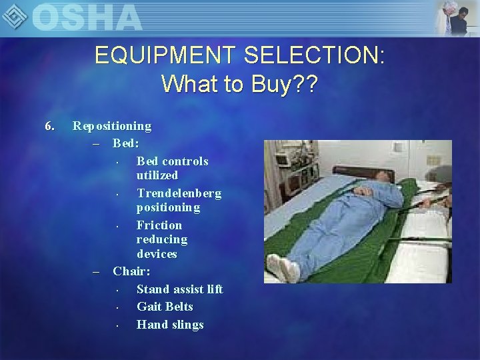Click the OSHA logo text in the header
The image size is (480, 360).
(87, 17)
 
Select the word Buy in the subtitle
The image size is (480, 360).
(265, 84)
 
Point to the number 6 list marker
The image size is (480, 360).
(48, 125)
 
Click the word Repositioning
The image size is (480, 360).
(112, 125)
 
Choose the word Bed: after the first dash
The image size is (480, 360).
(127, 143)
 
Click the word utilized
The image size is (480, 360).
(157, 175)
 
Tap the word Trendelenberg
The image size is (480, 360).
(179, 193)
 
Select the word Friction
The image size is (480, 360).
(159, 225)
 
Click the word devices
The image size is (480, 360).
(157, 254)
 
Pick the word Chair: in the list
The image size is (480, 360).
(131, 271)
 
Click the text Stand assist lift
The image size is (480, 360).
(179, 289)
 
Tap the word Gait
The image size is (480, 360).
(149, 307)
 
